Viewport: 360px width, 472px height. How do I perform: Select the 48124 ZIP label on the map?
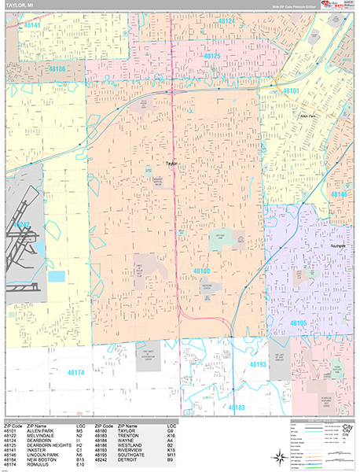point(226,20)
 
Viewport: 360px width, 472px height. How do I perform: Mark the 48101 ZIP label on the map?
point(291,91)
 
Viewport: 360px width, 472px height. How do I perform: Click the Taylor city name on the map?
point(172,163)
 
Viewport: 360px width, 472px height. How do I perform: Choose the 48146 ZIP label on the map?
point(340,194)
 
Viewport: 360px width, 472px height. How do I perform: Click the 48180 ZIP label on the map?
point(201,271)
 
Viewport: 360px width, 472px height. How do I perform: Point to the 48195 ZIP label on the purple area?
point(299,323)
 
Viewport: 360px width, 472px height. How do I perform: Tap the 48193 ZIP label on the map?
point(258,365)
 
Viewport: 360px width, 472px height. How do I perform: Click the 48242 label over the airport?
point(21,225)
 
